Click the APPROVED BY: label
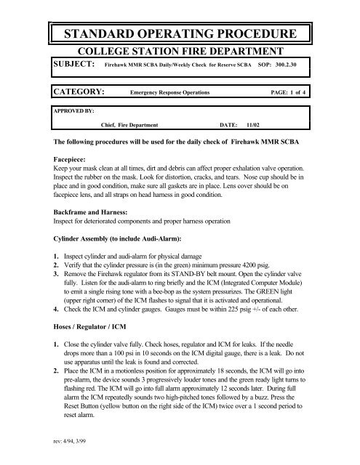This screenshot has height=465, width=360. tap(71, 113)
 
